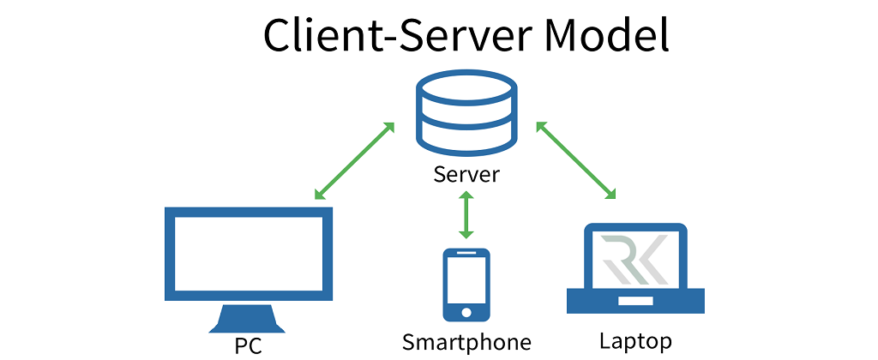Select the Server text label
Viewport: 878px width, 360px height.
point(466,176)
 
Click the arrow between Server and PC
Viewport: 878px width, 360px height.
point(354,161)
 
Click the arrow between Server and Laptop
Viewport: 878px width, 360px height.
point(576,161)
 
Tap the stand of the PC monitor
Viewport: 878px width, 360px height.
point(247,319)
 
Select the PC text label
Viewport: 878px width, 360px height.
point(247,345)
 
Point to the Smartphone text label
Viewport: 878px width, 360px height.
point(466,343)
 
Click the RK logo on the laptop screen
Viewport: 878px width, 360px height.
point(635,259)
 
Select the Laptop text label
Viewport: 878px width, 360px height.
point(635,340)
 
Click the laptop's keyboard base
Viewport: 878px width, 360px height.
point(635,301)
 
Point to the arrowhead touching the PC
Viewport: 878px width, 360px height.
point(319,195)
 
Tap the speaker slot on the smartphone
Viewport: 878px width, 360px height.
point(466,255)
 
